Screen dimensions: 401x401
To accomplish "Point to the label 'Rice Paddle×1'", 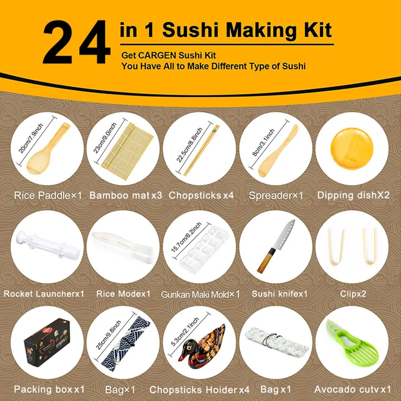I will point(48,195).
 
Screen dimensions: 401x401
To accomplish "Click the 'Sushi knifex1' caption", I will point(279,294).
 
